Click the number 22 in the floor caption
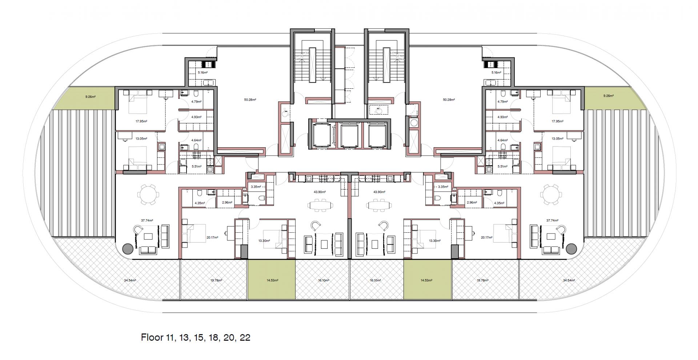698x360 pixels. pyautogui.click(x=245, y=337)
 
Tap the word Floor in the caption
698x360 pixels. pyautogui.click(x=152, y=337)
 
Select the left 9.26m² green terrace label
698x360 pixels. pyautogui.click(x=91, y=97)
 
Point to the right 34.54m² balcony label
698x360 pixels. pyautogui.click(x=569, y=280)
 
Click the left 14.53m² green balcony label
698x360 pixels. pyautogui.click(x=272, y=280)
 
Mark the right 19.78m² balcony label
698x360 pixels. pyautogui.click(x=482, y=280)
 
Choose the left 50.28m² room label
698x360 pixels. pyautogui.click(x=250, y=100)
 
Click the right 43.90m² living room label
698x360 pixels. pyautogui.click(x=379, y=192)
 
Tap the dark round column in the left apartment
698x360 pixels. pyautogui.click(x=128, y=249)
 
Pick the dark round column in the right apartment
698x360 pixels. pyautogui.click(x=571, y=249)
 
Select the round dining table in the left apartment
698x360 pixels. pyautogui.click(x=148, y=195)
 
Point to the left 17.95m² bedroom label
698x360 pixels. pyautogui.click(x=141, y=121)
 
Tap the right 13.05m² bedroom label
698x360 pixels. pyautogui.click(x=557, y=139)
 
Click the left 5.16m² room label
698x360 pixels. pyautogui.click(x=202, y=73)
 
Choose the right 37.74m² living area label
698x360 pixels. pyautogui.click(x=552, y=220)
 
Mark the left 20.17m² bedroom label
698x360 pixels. pyautogui.click(x=212, y=237)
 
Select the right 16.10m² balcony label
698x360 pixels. pyautogui.click(x=375, y=280)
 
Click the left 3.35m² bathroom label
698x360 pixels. pyautogui.click(x=256, y=187)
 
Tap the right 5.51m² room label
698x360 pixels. pyautogui.click(x=502, y=167)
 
